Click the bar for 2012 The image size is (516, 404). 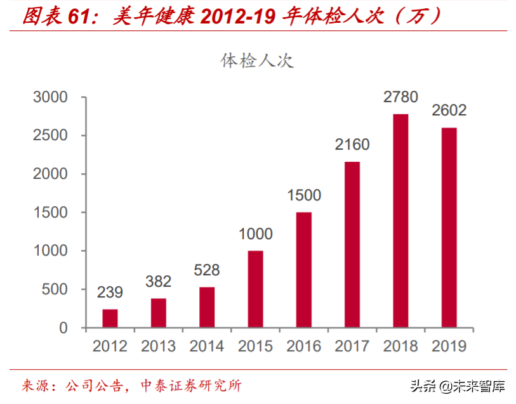click(110, 318)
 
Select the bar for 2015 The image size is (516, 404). click(255, 289)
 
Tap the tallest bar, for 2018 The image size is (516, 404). click(400, 221)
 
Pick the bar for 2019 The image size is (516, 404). click(449, 228)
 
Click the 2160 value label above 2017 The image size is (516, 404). click(352, 145)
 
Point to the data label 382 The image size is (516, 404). click(158, 281)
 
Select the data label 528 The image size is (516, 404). click(206, 270)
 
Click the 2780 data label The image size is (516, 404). click(400, 97)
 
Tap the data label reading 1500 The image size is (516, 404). click(303, 195)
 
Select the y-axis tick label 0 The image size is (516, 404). click(63, 328)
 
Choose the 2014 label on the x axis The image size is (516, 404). click(206, 346)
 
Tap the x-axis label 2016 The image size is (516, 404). click(303, 346)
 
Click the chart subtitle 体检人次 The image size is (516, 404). click(257, 61)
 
